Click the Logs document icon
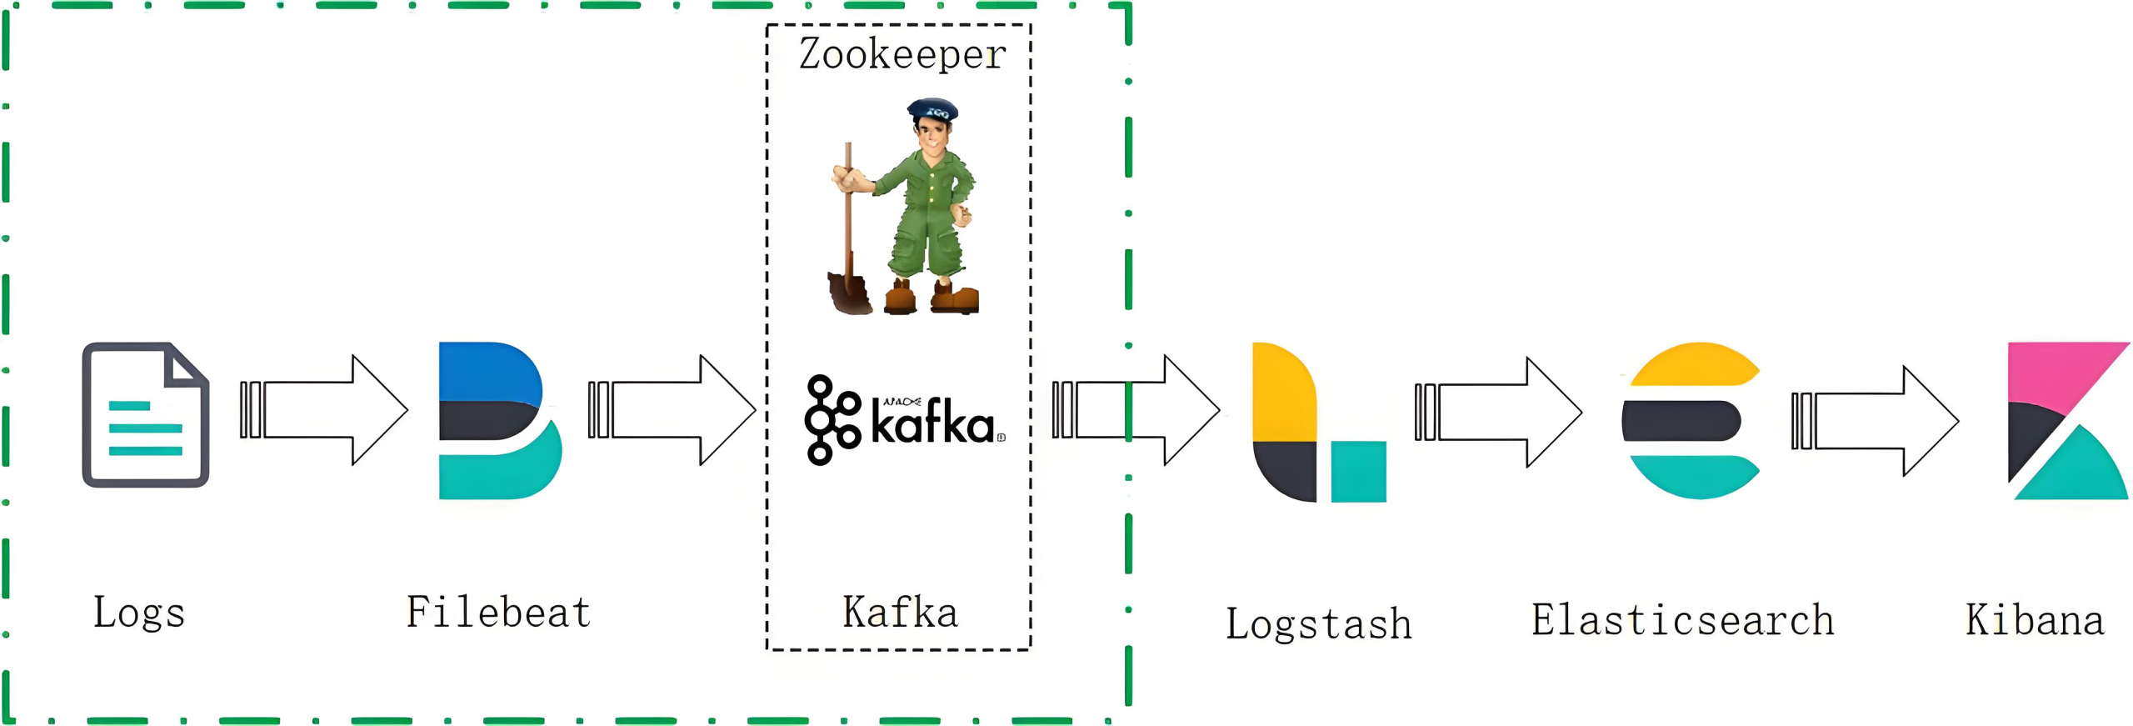tap(145, 414)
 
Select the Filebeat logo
tap(498, 420)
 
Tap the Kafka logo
tap(904, 420)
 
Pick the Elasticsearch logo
tap(1691, 420)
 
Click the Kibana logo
tap(2066, 420)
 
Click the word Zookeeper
tap(902, 54)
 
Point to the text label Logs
tap(138, 613)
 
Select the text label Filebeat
tap(498, 612)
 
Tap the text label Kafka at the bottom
tap(900, 612)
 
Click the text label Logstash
tap(1318, 623)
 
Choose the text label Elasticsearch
tap(1682, 620)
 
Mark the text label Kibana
tap(2034, 620)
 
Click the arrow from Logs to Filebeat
tap(325, 409)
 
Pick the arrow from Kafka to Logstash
tap(1137, 409)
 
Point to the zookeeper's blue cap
tap(932, 108)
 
